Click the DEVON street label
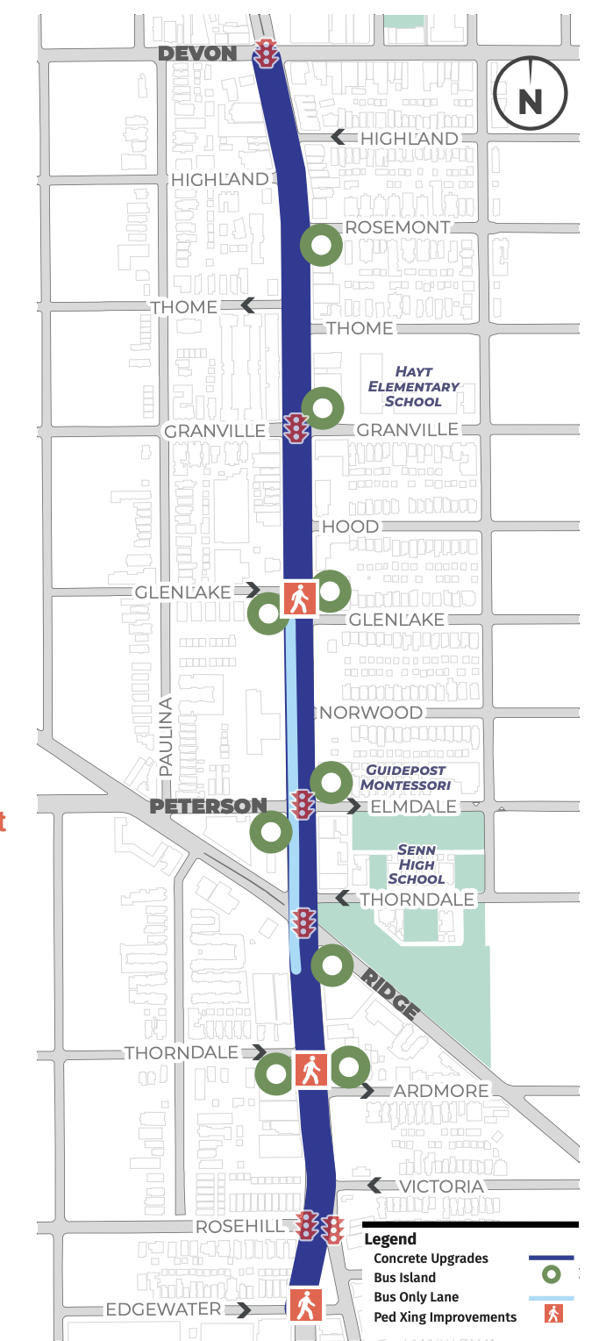click(x=197, y=54)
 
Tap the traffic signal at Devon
click(x=266, y=54)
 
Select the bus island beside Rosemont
click(x=321, y=246)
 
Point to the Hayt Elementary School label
click(x=413, y=386)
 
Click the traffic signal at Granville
click(x=296, y=428)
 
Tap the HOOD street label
click(x=350, y=527)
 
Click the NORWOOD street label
click(x=371, y=713)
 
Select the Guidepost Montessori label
click(x=408, y=777)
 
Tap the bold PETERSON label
click(x=208, y=806)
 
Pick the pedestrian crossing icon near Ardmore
click(x=310, y=1070)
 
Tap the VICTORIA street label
click(x=440, y=1187)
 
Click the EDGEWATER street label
click(x=163, y=1309)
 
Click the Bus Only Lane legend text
click(x=416, y=1296)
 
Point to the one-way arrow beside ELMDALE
click(x=353, y=807)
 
